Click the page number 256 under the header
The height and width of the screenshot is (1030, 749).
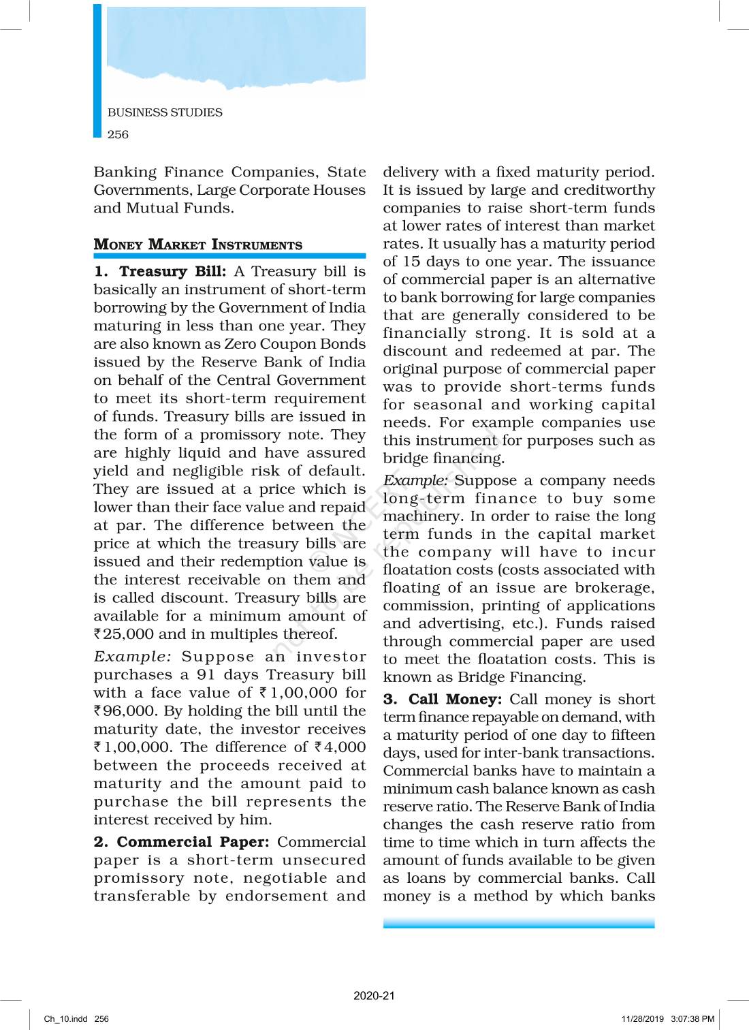[118, 134]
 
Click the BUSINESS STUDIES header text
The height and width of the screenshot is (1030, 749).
[165, 112]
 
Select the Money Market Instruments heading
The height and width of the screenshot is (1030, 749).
[198, 245]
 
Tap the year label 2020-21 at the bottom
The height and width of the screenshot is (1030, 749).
[374, 996]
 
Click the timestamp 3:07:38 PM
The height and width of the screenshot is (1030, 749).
[692, 1019]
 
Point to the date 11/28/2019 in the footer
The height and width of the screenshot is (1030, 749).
[642, 1019]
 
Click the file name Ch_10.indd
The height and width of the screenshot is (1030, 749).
[66, 1019]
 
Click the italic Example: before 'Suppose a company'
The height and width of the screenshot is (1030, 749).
[415, 480]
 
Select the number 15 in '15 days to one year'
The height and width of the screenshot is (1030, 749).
[411, 262]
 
